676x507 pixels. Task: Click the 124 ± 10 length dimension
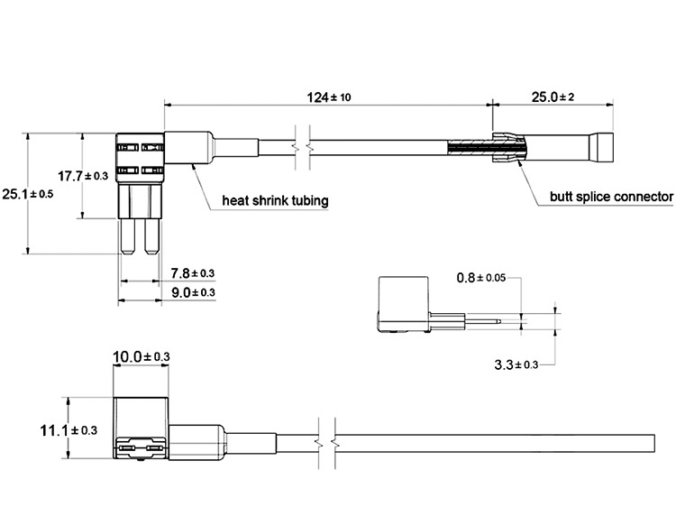(x=329, y=97)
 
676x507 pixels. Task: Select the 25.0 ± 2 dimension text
(x=553, y=97)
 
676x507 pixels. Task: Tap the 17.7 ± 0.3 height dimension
(x=83, y=176)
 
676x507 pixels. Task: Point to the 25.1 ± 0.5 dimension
(x=28, y=194)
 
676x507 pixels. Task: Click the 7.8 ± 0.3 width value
(x=192, y=273)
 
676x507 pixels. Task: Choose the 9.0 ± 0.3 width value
(x=193, y=292)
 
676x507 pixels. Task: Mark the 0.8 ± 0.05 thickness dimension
(x=480, y=278)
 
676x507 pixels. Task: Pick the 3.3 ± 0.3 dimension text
(x=516, y=364)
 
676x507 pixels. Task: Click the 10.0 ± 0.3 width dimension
(x=141, y=357)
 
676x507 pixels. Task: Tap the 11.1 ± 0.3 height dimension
(x=69, y=430)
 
